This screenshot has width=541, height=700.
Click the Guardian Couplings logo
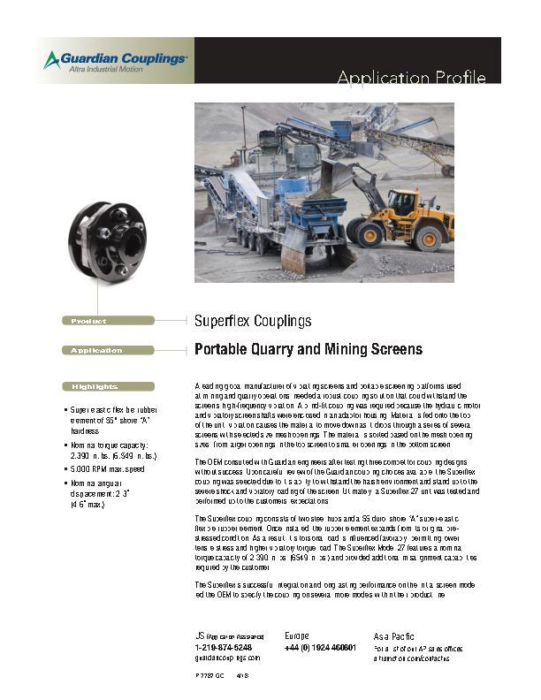(x=115, y=60)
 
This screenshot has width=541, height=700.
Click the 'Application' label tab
(x=97, y=351)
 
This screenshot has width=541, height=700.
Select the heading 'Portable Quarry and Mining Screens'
(x=308, y=350)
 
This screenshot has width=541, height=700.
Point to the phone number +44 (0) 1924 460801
(x=320, y=647)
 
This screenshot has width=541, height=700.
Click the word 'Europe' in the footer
(x=297, y=635)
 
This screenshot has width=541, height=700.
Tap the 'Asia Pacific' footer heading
(x=393, y=635)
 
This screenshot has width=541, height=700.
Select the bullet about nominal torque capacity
(x=112, y=450)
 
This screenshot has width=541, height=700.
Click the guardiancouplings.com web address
(x=227, y=658)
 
